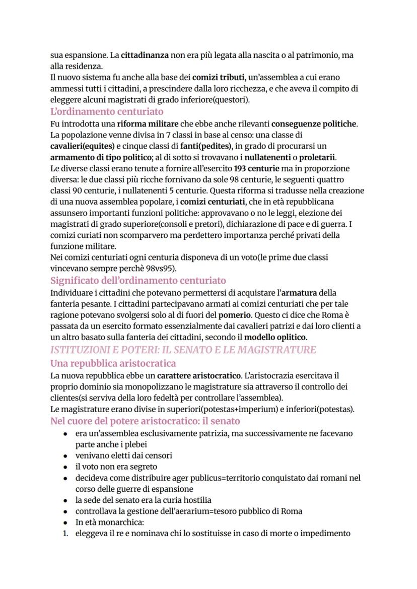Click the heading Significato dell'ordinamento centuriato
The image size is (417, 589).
click(x=138, y=280)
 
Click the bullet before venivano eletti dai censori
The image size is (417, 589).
click(x=65, y=455)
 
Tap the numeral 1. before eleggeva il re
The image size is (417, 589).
click(x=65, y=533)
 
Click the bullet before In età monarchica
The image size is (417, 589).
click(x=65, y=522)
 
